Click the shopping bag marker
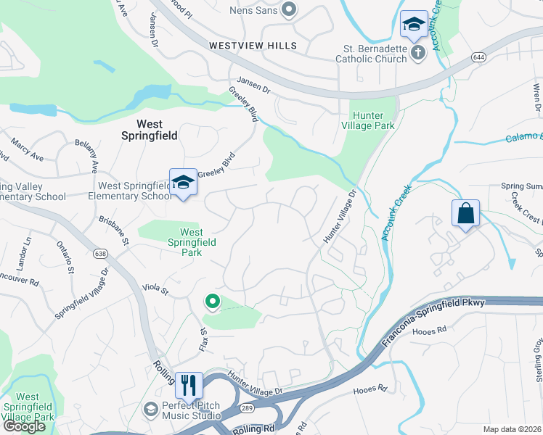click(465, 215)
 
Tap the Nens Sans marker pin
click(289, 10)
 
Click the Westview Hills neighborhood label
click(253, 46)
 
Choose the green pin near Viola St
click(212, 300)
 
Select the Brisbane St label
click(114, 231)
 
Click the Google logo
click(24, 426)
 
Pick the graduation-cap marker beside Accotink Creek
click(414, 26)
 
